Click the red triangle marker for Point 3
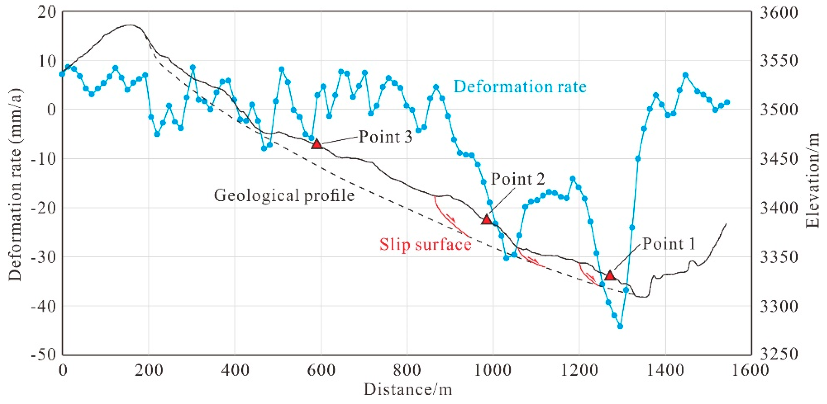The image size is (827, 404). [x=317, y=144]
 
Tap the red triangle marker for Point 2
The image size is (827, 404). [x=487, y=220]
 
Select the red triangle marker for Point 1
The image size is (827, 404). [x=610, y=276]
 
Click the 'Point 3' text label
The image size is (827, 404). [x=385, y=137]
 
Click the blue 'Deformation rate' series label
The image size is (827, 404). [x=520, y=87]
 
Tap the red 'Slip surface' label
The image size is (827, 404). [x=425, y=245]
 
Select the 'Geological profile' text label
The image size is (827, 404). [x=284, y=195]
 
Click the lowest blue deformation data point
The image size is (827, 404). [x=620, y=326]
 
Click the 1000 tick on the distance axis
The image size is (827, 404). [x=493, y=371]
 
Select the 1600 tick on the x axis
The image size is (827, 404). [x=751, y=371]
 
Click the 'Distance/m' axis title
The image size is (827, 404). [x=408, y=390]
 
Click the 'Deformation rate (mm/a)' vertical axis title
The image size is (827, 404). [x=15, y=185]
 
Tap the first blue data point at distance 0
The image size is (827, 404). [x=62, y=74]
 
